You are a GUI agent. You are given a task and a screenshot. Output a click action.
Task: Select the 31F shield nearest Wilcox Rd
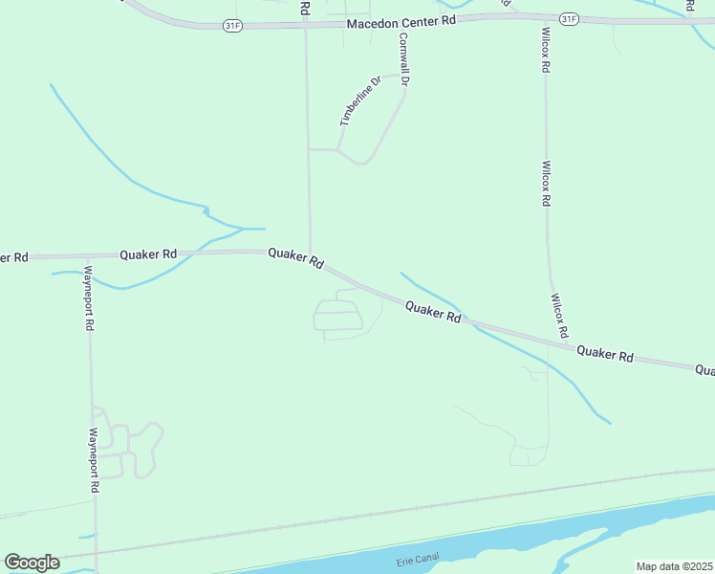click(569, 18)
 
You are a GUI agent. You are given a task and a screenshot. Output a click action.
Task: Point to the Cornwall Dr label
click(404, 60)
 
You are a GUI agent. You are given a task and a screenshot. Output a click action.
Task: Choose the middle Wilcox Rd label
click(546, 183)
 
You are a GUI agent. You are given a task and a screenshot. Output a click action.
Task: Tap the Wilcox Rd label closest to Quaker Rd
click(558, 316)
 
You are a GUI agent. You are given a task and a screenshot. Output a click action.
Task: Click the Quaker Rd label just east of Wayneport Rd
click(148, 254)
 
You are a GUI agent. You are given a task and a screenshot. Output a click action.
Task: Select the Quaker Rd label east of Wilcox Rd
click(605, 354)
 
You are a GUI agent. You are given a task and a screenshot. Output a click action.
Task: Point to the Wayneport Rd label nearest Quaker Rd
click(87, 298)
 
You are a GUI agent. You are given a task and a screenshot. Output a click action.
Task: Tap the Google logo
click(32, 563)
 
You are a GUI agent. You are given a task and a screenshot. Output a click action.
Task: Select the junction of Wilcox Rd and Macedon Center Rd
click(544, 18)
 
